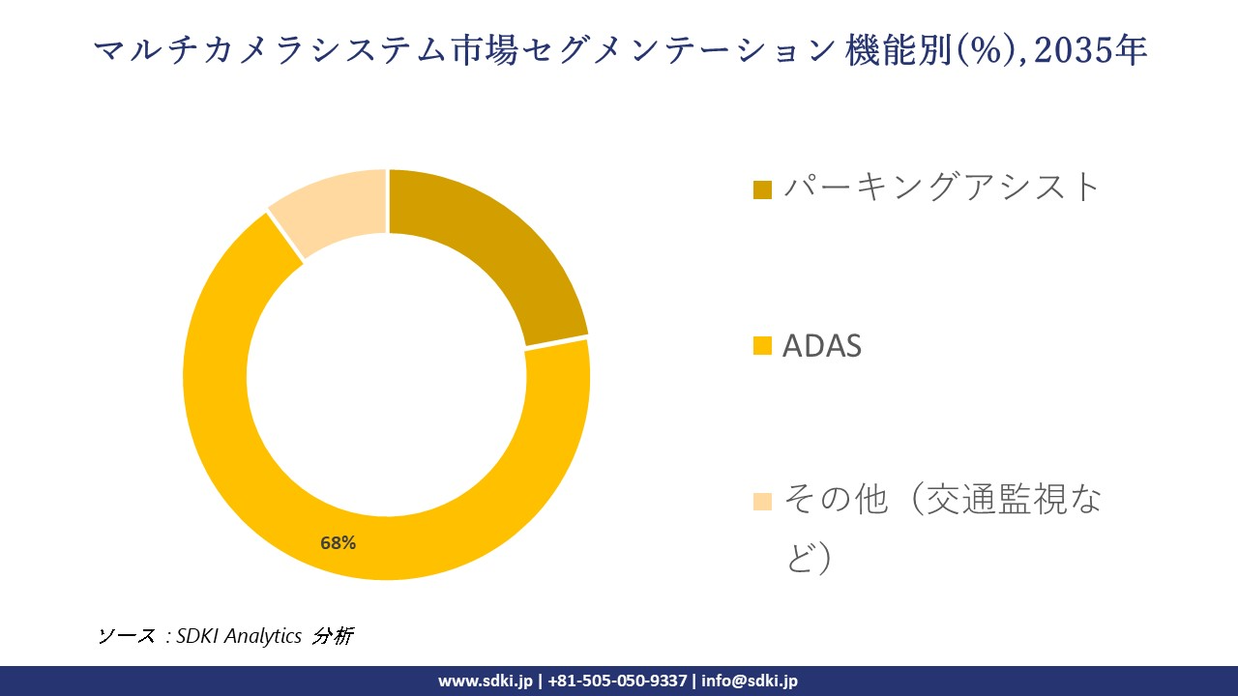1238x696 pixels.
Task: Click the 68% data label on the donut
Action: pos(339,543)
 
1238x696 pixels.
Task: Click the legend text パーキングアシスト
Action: pos(941,187)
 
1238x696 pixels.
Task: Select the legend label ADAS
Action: pos(821,346)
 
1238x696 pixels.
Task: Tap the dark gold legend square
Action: pos(762,189)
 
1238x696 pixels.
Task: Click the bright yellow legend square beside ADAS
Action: pos(762,346)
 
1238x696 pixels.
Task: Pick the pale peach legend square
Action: pos(762,501)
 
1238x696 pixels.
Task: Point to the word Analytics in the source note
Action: pos(264,636)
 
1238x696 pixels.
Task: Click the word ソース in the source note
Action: pos(126,636)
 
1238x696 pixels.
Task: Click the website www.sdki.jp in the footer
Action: pos(486,681)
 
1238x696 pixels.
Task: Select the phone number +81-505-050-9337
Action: pos(618,681)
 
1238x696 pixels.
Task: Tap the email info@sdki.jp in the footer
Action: pos(750,681)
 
